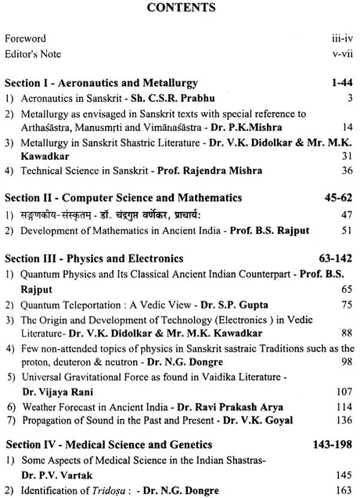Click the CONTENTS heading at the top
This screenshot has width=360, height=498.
(179, 10)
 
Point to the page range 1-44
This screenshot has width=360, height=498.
(341, 81)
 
